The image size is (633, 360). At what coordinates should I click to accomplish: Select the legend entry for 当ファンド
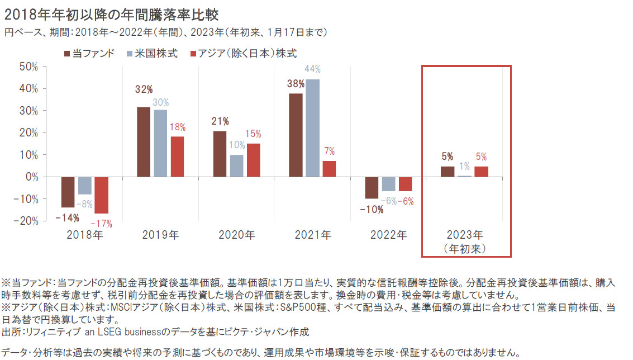(x=89, y=53)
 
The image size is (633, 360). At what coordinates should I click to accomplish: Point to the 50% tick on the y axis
(x=28, y=67)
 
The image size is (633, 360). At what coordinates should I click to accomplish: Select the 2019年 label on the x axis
(x=161, y=235)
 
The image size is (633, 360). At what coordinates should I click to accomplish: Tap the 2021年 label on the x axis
(x=312, y=235)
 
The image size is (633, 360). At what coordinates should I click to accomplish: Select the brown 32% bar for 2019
(x=144, y=141)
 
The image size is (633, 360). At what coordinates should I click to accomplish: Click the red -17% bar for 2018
(x=101, y=195)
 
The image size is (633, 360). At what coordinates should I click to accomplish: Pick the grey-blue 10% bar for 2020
(x=236, y=166)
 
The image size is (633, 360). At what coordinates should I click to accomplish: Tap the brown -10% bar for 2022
(x=372, y=187)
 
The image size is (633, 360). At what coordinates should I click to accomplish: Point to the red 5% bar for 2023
(x=481, y=172)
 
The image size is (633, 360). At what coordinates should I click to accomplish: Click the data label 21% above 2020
(x=220, y=121)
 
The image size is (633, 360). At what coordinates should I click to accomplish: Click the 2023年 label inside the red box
(x=465, y=235)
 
